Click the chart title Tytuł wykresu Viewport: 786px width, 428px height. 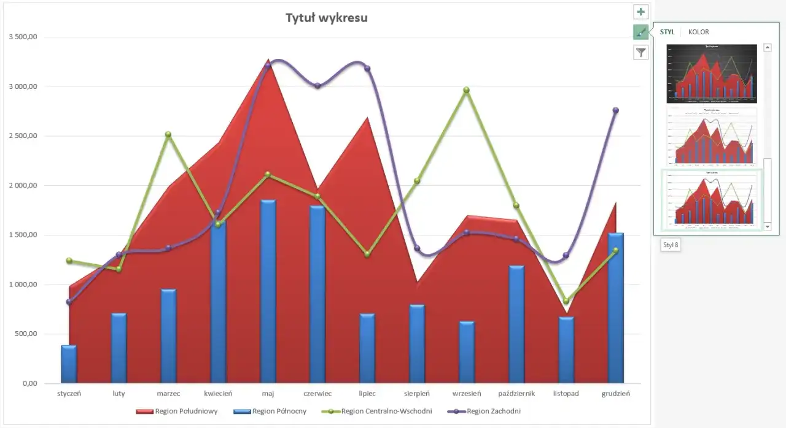pyautogui.click(x=327, y=18)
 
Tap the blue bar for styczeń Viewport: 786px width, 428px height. pyautogui.click(x=69, y=364)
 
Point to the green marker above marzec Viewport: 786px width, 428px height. pyautogui.click(x=168, y=134)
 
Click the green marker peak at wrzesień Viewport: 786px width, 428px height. pyautogui.click(x=467, y=90)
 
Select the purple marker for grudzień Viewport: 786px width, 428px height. pyautogui.click(x=616, y=110)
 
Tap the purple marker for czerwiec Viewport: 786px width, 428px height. pyautogui.click(x=317, y=86)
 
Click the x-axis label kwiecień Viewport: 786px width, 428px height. pyautogui.click(x=218, y=394)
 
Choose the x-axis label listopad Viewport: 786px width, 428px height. pyautogui.click(x=566, y=394)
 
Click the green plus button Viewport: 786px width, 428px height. pyautogui.click(x=641, y=12)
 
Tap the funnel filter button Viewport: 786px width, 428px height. pyautogui.click(x=641, y=52)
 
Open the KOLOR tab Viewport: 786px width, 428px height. pyautogui.click(x=698, y=32)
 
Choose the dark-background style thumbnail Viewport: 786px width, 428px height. pyautogui.click(x=712, y=73)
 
